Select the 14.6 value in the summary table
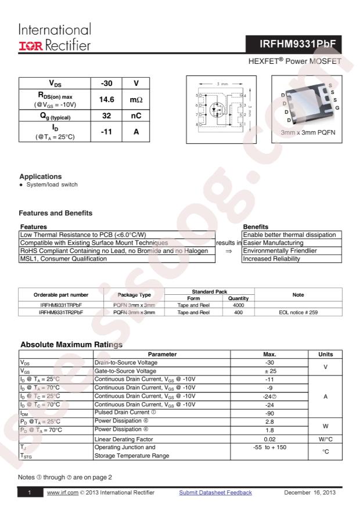pyautogui.click(x=106, y=100)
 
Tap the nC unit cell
pyautogui.click(x=135, y=116)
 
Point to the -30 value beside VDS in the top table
pyautogui.click(x=106, y=84)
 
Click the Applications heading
pyautogui.click(x=40, y=176)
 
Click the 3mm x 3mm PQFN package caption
pyautogui.click(x=308, y=133)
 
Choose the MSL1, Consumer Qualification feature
pyautogui.click(x=63, y=259)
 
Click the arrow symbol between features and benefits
pyautogui.click(x=228, y=251)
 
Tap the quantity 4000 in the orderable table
pyautogui.click(x=238, y=304)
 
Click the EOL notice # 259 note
pyautogui.click(x=298, y=312)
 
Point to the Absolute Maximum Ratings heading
pyautogui.click(x=71, y=345)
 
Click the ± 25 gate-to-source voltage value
pyautogui.click(x=270, y=370)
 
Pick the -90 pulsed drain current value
pyautogui.click(x=270, y=413)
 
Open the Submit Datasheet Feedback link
pyautogui.click(x=215, y=493)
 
